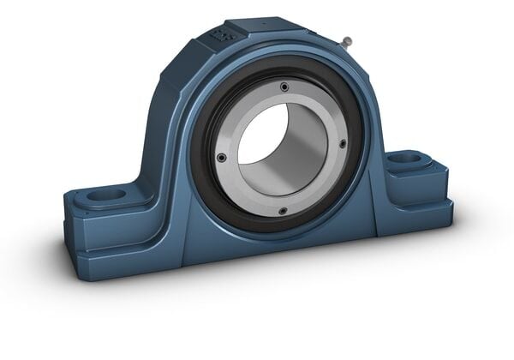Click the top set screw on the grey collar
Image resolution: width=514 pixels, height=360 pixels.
pos(284,86)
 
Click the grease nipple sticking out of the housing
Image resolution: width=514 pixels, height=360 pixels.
pos(346,40)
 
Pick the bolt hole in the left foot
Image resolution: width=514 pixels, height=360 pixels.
pos(105,195)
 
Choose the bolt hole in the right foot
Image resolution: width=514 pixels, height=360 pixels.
pos(409,159)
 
